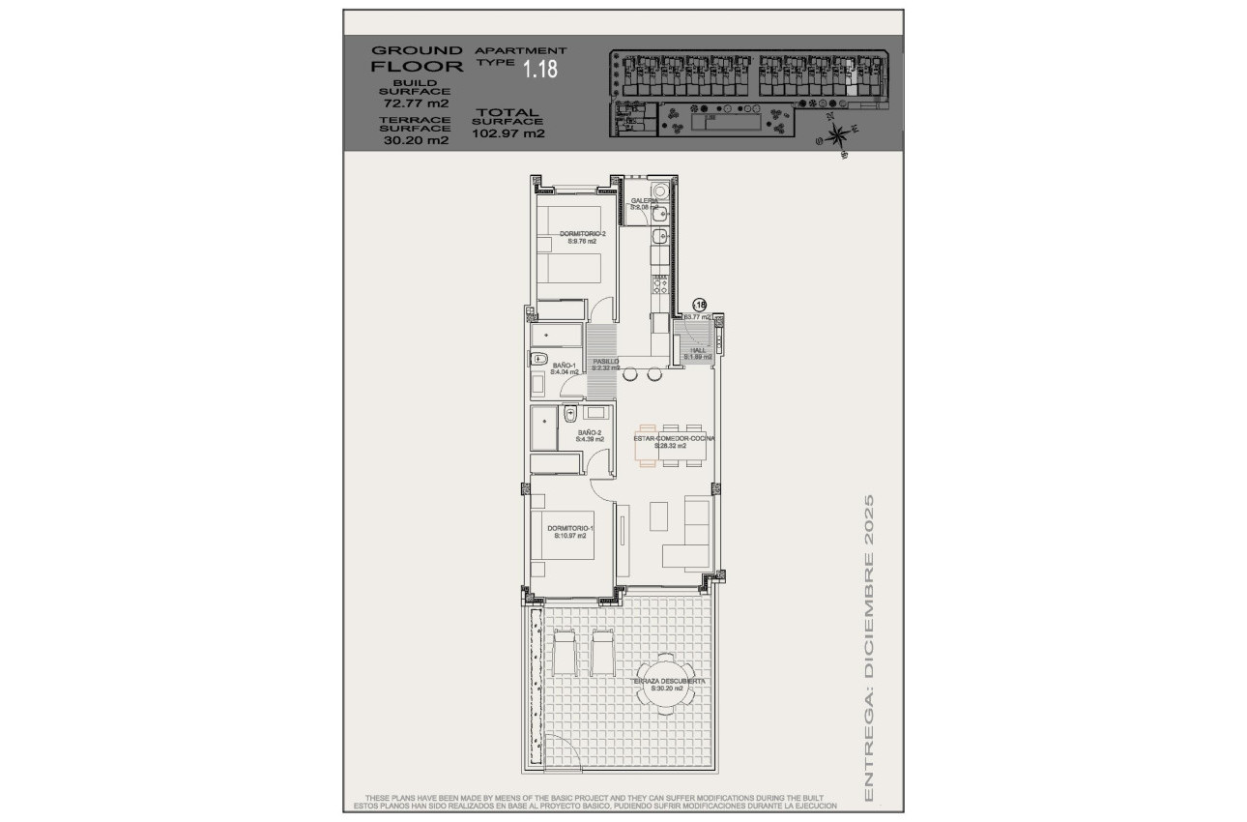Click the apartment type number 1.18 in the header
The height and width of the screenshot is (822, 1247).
click(x=539, y=69)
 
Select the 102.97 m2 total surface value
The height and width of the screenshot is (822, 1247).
click(x=507, y=133)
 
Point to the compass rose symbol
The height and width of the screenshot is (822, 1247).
click(x=838, y=134)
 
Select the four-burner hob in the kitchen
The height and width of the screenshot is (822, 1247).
click(x=660, y=284)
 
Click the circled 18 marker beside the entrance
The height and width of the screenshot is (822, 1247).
click(x=700, y=304)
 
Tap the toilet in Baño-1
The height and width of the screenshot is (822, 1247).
click(x=538, y=359)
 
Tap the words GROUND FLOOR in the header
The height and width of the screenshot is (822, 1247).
click(x=417, y=59)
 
